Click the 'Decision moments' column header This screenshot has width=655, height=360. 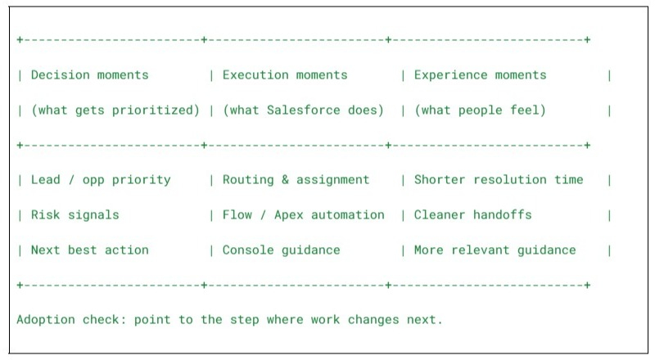pyautogui.click(x=90, y=75)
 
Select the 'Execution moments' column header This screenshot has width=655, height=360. pyautogui.click(x=285, y=75)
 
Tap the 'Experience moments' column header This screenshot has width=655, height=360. pyautogui.click(x=480, y=75)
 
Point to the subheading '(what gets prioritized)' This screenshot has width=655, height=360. pyautogui.click(x=115, y=110)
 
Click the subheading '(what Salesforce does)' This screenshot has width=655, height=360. pyautogui.click(x=303, y=110)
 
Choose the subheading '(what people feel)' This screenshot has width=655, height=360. pyautogui.click(x=480, y=110)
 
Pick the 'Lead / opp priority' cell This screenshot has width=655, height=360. pyautogui.click(x=101, y=180)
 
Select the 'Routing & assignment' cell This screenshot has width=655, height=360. pyautogui.click(x=296, y=180)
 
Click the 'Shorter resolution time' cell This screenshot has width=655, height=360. pyautogui.click(x=499, y=180)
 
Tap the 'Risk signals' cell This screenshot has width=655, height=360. pyautogui.click(x=75, y=215)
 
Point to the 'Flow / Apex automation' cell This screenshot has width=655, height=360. pyautogui.click(x=303, y=215)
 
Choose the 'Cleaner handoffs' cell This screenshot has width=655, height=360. pyautogui.click(x=472, y=215)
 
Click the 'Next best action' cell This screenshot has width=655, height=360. pyautogui.click(x=90, y=250)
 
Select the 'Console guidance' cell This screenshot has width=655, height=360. pyautogui.click(x=281, y=250)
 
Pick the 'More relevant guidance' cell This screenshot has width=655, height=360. pyautogui.click(x=495, y=250)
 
